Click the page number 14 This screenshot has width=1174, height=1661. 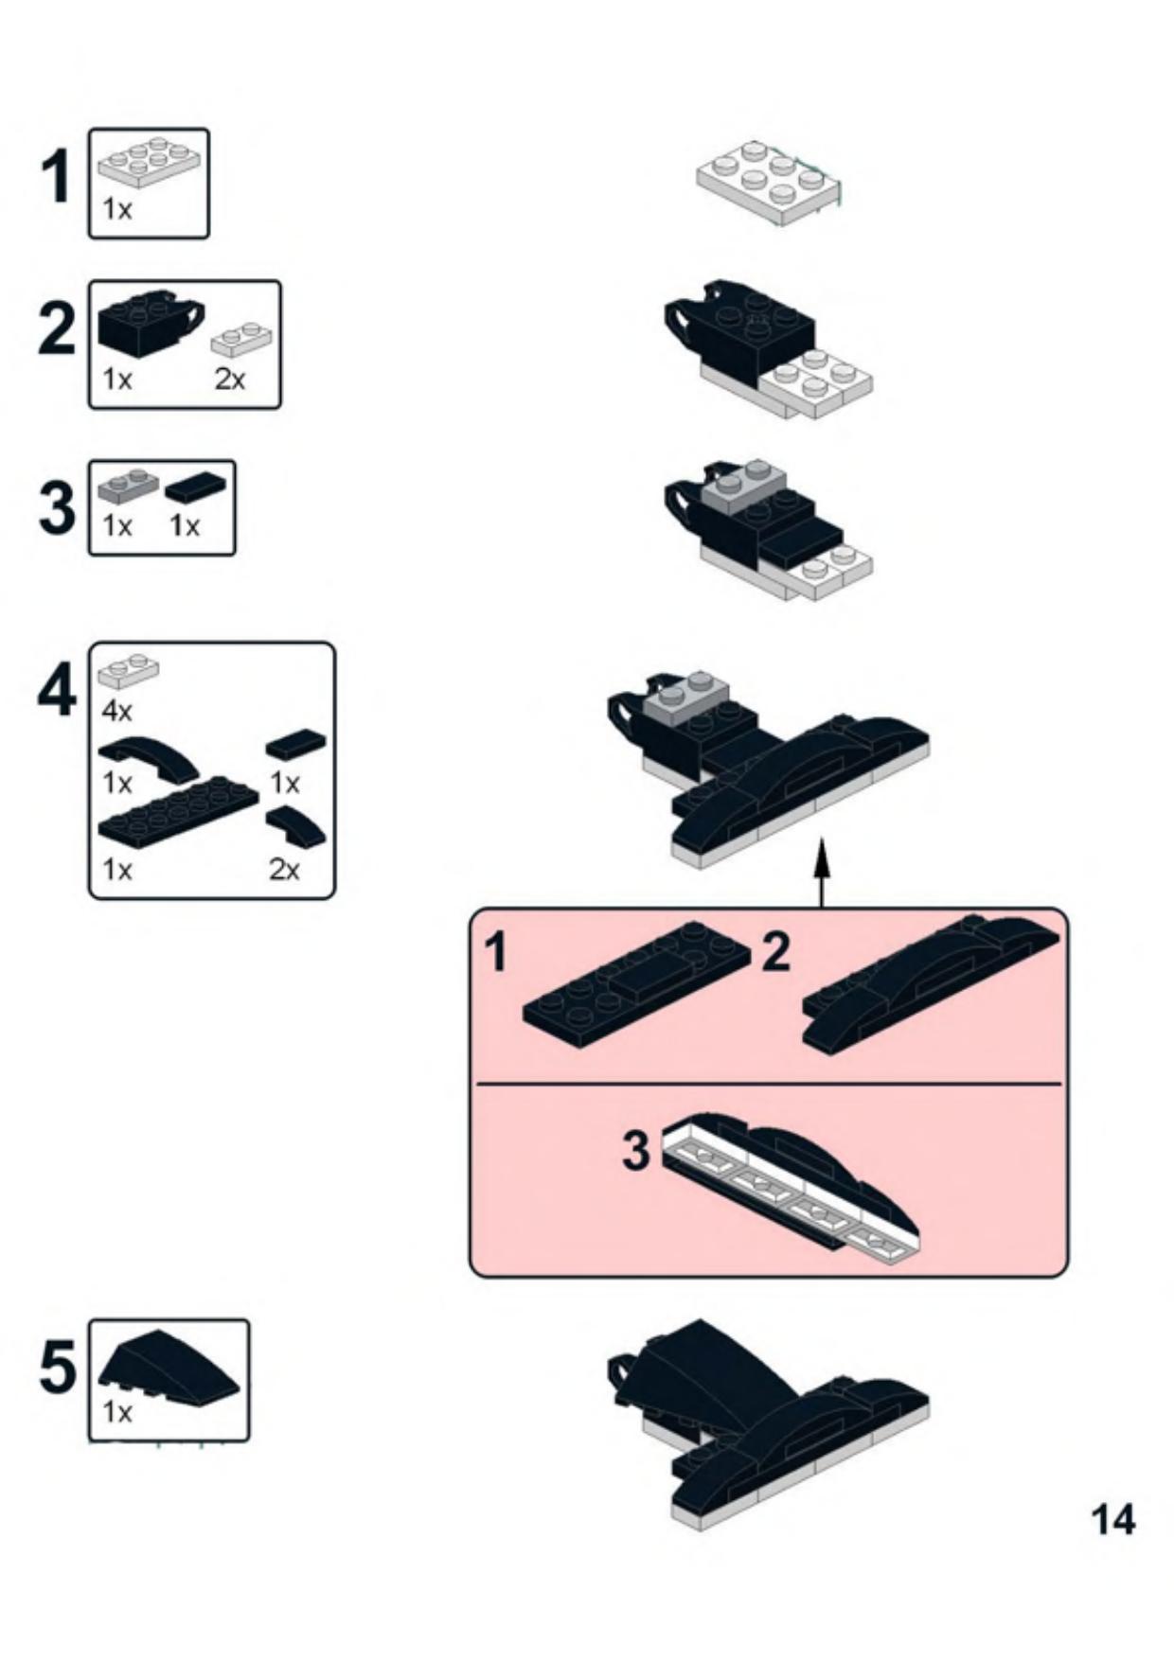click(1112, 1520)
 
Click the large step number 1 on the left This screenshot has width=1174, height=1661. click(57, 178)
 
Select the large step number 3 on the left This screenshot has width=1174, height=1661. click(57, 507)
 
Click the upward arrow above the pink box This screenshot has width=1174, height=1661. click(822, 872)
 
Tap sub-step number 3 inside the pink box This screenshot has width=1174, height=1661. click(635, 1151)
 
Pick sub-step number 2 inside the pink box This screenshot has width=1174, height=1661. click(774, 951)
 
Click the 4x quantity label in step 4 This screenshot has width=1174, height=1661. click(117, 710)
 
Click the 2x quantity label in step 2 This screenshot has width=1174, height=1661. click(229, 380)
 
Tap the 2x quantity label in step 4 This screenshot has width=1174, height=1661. click(284, 869)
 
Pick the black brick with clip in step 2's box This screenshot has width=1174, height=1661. click(150, 322)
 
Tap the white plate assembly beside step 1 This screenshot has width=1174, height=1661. click(769, 184)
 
